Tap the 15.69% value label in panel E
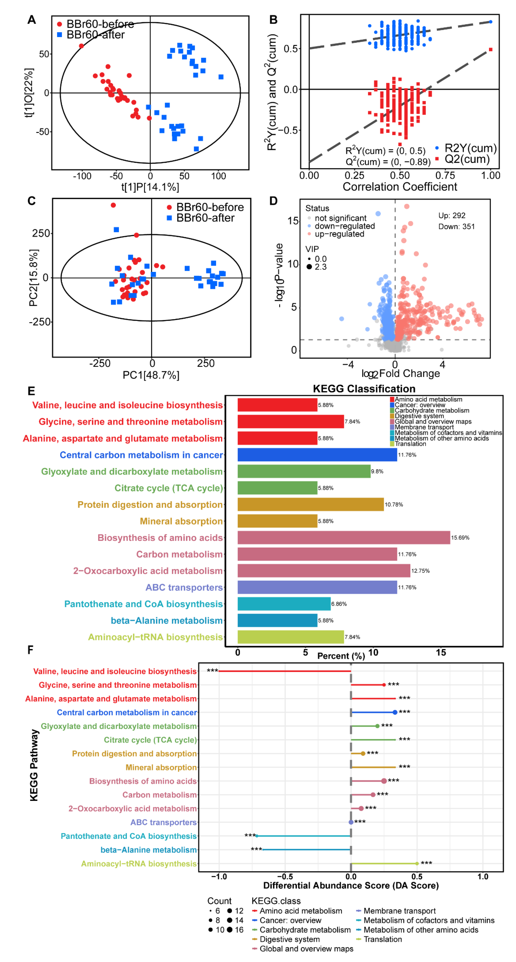pos(460,538)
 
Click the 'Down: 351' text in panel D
pos(456,227)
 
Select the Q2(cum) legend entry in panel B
pos(467,159)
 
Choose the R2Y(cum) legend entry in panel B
pos(470,148)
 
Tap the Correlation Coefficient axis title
pos(400,187)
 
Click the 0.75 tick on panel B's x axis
pos(445,175)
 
